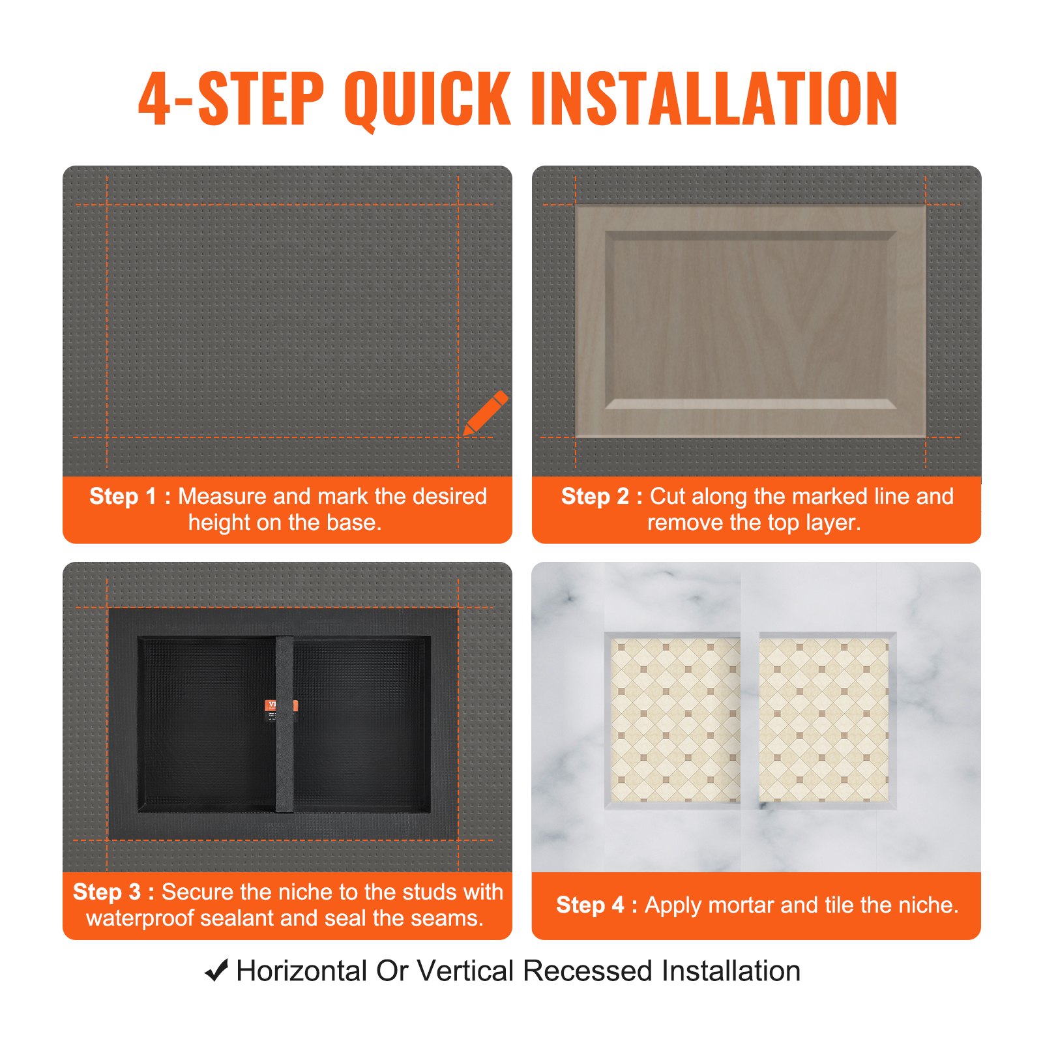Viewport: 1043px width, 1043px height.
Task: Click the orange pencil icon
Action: (486, 413)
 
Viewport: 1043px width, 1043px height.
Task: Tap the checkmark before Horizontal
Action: (216, 971)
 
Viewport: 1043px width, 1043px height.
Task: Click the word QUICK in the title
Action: (427, 99)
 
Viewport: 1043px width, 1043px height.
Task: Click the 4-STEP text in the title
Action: (231, 99)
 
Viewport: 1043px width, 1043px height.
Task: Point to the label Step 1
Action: (130, 496)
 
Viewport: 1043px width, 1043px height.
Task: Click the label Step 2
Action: (602, 496)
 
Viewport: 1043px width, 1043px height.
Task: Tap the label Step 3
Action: (113, 892)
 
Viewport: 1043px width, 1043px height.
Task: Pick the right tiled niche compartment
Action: (824, 720)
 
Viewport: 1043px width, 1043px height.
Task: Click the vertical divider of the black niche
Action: (284, 756)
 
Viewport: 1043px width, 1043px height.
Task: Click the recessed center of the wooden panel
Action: (750, 319)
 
